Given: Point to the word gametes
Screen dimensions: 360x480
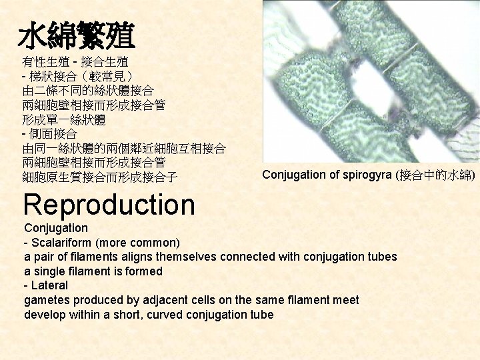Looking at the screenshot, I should coord(47,300).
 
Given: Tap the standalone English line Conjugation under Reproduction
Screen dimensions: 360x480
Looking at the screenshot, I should coord(56,228).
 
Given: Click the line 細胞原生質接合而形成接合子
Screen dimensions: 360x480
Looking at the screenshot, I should coord(100,177).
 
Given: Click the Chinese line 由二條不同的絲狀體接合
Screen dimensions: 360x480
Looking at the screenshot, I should coord(88,91).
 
